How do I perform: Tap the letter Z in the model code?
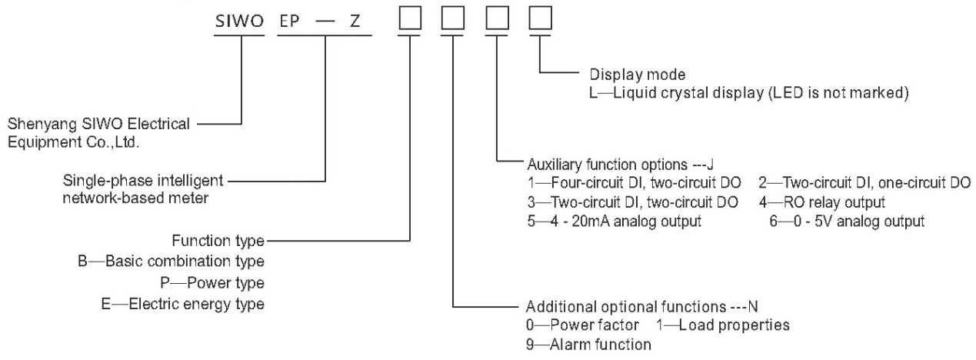pos(355,21)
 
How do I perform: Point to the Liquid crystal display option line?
pos(749,94)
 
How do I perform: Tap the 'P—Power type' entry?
pos(218,282)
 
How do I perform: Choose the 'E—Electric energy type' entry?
pos(192,304)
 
